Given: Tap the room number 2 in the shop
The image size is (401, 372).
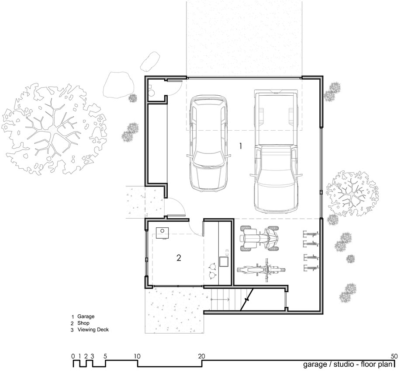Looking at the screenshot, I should point(179,258).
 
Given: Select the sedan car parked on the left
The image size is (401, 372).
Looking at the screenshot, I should point(208,144).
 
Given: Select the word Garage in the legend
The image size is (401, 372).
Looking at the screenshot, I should point(86,316).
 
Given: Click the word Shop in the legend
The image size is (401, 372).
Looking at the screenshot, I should point(83,323).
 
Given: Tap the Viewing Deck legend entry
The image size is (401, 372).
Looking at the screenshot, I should point(93,330).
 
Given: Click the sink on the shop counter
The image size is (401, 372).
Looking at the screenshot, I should point(224,261).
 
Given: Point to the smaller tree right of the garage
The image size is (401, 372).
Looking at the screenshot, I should point(352,192).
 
